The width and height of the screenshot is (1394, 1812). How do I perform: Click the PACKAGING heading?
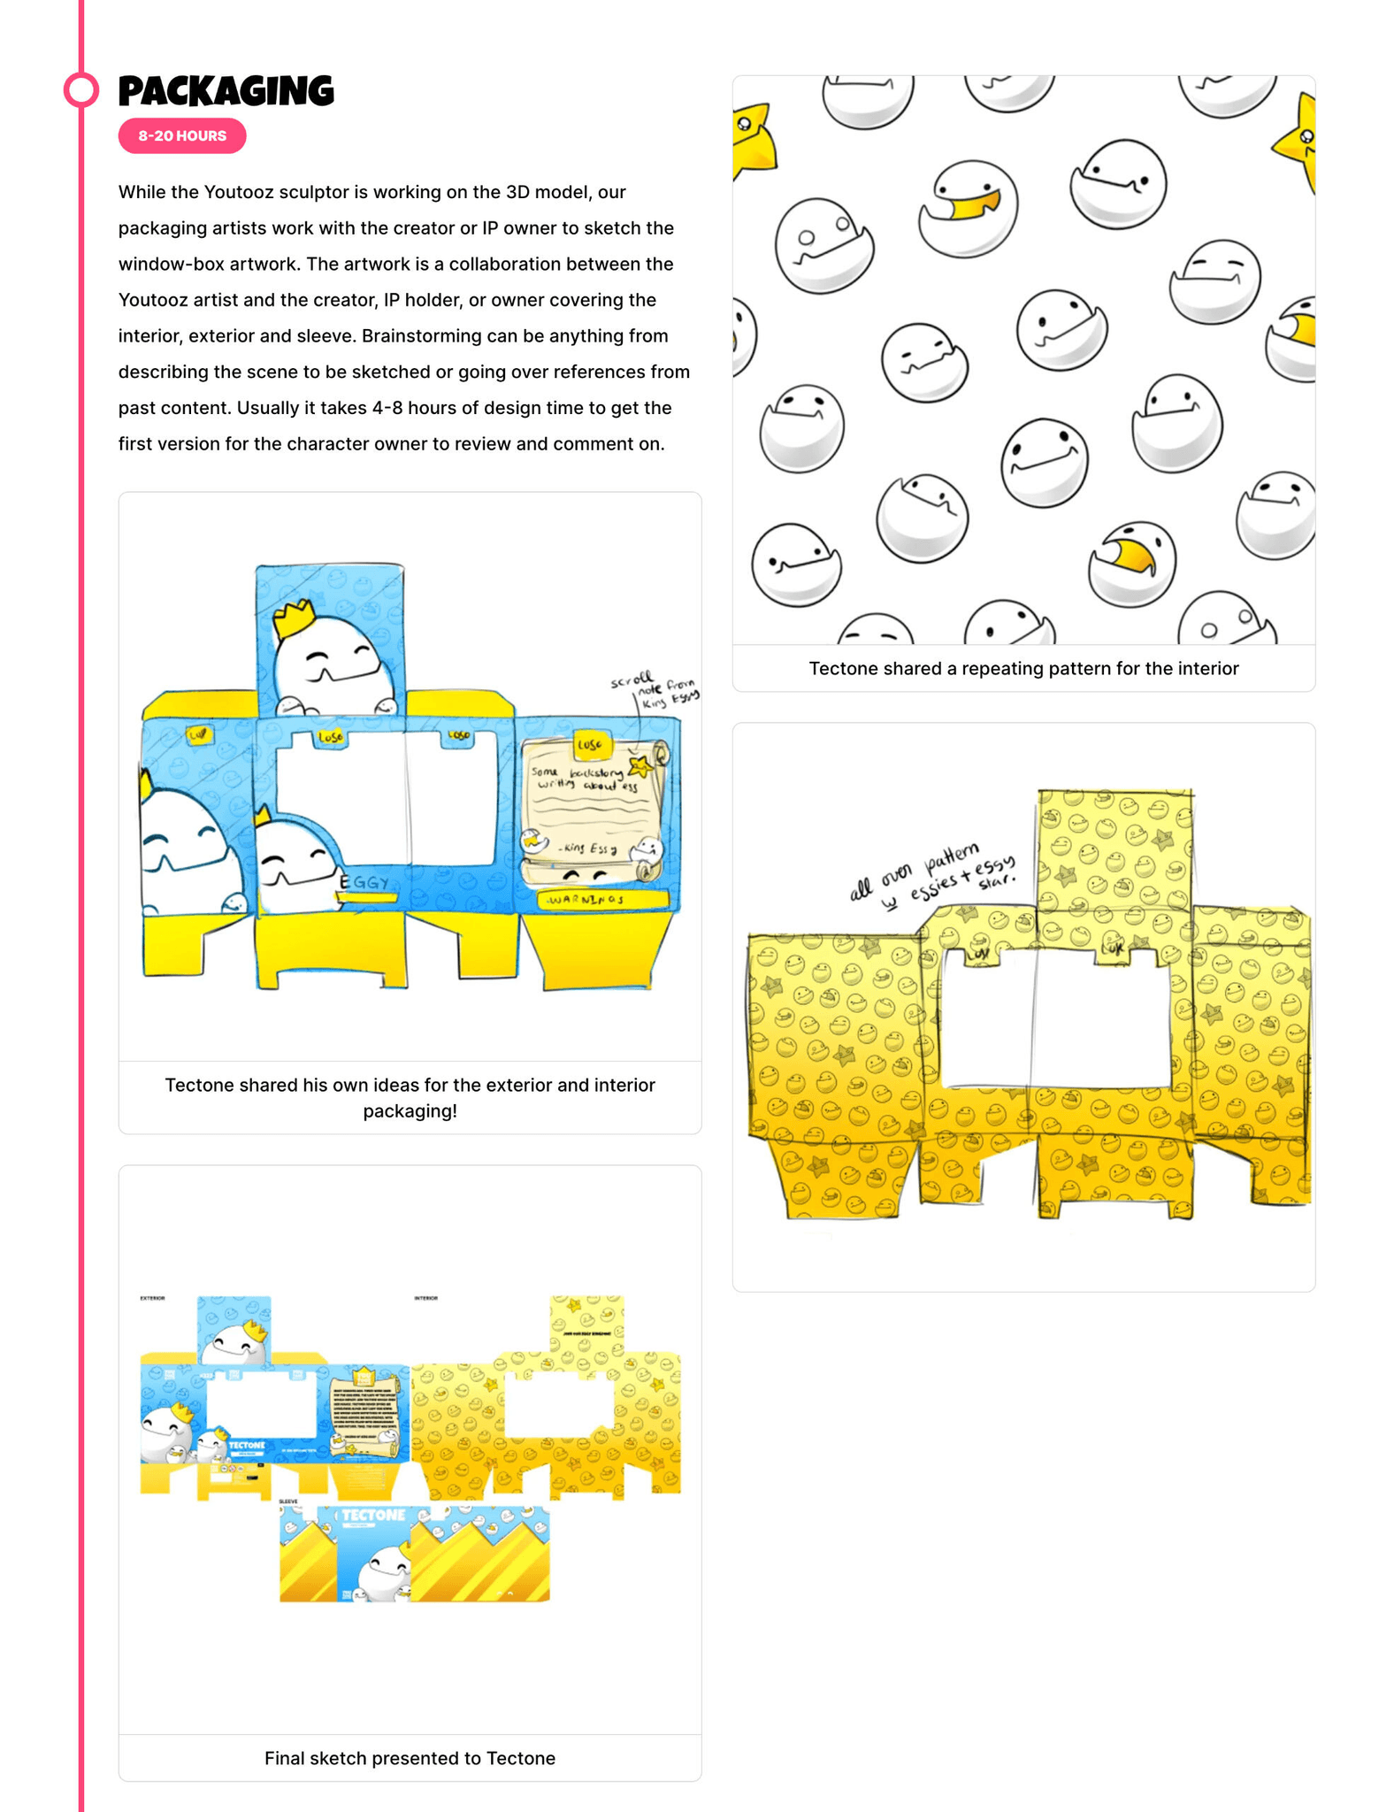click(226, 90)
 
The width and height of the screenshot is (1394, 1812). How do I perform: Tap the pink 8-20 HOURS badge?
click(182, 135)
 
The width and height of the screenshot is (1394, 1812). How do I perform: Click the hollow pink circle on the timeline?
click(81, 89)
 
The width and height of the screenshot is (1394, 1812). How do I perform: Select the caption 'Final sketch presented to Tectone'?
click(410, 1758)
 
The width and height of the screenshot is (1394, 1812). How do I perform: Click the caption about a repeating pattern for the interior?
click(1023, 668)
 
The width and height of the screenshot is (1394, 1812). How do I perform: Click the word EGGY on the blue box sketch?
click(364, 882)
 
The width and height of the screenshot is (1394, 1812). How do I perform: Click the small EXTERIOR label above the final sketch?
click(152, 1298)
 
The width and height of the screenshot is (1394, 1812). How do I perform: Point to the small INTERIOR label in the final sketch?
click(426, 1298)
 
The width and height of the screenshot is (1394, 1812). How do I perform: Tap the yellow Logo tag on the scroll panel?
click(591, 745)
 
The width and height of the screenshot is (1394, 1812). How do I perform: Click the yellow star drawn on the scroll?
click(640, 766)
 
